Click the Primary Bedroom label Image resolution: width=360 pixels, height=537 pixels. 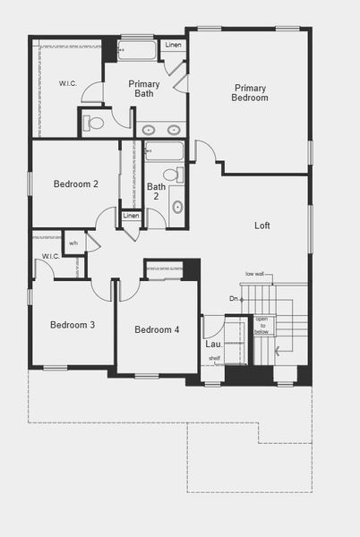251,92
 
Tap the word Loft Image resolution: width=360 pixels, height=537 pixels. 261,226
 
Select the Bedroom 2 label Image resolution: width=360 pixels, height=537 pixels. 76,184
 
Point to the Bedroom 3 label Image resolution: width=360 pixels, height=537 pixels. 73,325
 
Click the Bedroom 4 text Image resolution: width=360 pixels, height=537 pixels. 157,329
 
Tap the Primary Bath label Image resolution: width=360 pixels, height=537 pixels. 143,88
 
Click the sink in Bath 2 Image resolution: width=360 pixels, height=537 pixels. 176,207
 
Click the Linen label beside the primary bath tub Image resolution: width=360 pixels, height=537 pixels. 173,45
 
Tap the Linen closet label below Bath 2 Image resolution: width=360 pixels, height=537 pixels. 132,216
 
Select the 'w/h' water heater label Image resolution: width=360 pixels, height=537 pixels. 73,242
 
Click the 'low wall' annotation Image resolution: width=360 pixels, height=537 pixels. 254,274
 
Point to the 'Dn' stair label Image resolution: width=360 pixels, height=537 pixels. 234,298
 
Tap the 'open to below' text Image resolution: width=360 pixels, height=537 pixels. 261,324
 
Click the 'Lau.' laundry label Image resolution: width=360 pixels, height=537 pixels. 213,344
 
